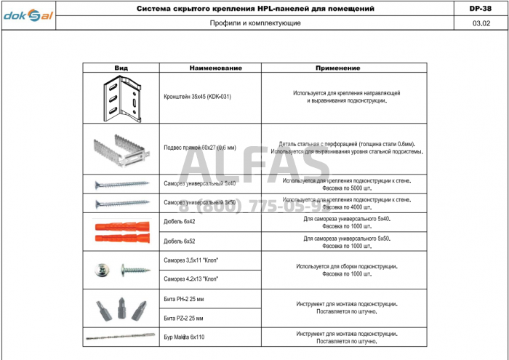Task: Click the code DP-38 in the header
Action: coord(481,9)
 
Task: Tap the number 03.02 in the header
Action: coord(481,23)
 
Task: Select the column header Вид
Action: coord(121,68)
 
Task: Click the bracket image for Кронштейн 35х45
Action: coord(122,97)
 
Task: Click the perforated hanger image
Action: coord(121,148)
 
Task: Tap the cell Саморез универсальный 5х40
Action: coord(200,183)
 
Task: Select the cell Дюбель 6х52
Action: coord(180,241)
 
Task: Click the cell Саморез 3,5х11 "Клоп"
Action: coord(192,260)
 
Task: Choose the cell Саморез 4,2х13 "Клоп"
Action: coord(192,279)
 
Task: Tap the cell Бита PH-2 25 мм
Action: coord(184,298)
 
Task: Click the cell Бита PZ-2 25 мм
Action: coord(184,318)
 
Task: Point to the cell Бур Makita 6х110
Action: coord(185,337)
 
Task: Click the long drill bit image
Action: coord(121,337)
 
